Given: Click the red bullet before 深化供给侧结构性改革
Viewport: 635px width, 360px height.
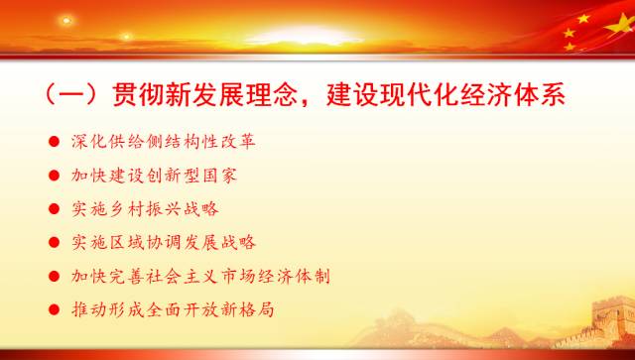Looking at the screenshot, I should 53,141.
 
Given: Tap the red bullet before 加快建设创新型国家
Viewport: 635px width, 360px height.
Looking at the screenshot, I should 53,175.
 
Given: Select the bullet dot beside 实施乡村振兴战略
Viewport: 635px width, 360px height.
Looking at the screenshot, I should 53,209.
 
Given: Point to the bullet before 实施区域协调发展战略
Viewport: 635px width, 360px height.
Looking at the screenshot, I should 53,242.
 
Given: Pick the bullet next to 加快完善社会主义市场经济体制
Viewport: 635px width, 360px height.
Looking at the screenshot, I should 53,276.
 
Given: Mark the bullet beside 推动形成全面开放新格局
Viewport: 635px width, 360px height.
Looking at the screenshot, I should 53,309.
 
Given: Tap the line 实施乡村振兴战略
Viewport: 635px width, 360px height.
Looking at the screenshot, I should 140,209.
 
